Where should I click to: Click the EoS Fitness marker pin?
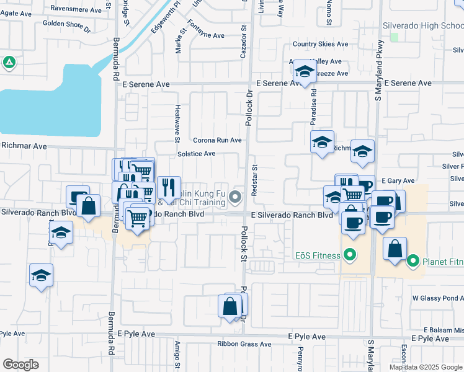pos(349,255)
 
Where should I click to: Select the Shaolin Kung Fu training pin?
pos(235,198)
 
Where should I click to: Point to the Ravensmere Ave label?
pos(75,9)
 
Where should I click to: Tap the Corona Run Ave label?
pos(216,140)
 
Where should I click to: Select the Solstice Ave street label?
pos(196,154)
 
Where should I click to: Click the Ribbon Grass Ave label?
pos(245,343)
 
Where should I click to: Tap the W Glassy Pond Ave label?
pos(438,298)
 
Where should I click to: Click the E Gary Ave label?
pos(398,180)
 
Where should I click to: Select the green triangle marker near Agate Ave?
pos(9,63)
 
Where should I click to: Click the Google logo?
pos(20,365)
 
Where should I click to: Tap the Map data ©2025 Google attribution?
pos(426,367)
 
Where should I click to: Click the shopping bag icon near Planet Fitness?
pos(395,248)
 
